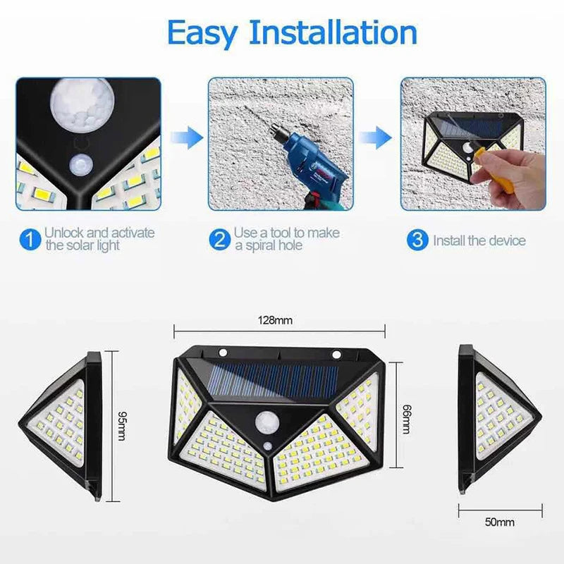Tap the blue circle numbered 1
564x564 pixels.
(29, 240)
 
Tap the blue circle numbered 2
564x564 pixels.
(220, 240)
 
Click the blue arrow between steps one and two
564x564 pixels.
(184, 136)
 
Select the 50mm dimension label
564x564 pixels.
(500, 522)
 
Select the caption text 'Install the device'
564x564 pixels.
(479, 240)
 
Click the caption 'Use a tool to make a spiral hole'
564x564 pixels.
(286, 239)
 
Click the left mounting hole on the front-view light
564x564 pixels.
(223, 352)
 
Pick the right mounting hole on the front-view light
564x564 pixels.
(336, 353)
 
